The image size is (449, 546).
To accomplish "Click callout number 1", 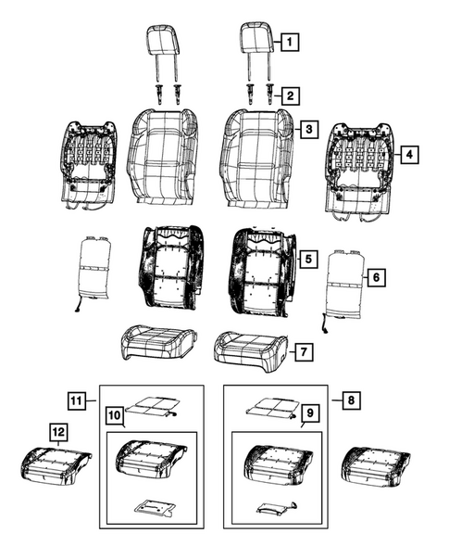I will pos(290,42).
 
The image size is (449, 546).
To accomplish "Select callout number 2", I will pos(291,95).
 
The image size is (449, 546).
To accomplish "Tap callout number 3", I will pos(306,131).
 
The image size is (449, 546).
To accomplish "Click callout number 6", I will pos(374,276).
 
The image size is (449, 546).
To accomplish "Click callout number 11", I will pos(79,400).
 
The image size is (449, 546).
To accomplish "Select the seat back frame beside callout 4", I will pos(363,168).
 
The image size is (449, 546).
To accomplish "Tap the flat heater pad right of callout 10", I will pos(153,404).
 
